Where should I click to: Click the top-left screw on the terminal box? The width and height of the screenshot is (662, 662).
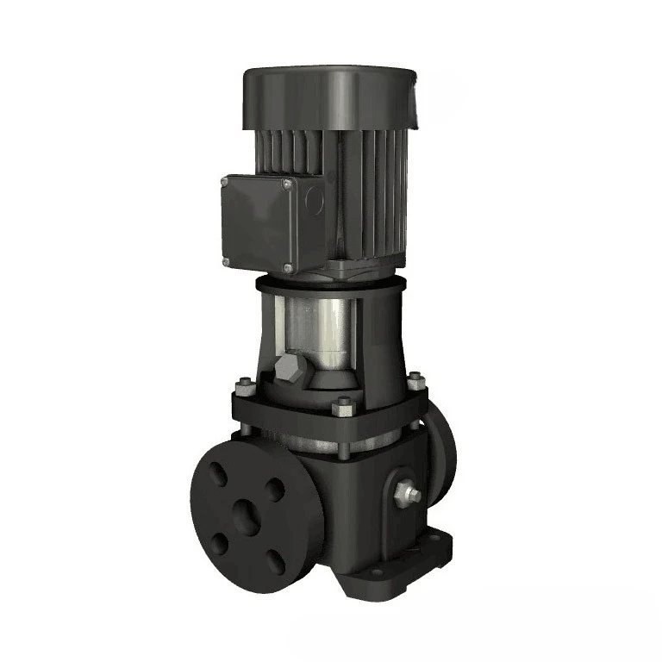(226, 182)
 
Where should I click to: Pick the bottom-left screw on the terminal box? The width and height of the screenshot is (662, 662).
(227, 261)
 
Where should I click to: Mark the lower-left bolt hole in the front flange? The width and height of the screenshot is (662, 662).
(220, 544)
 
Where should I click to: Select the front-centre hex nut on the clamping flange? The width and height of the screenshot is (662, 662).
(343, 402)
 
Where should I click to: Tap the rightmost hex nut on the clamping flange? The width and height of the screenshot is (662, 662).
(415, 378)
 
